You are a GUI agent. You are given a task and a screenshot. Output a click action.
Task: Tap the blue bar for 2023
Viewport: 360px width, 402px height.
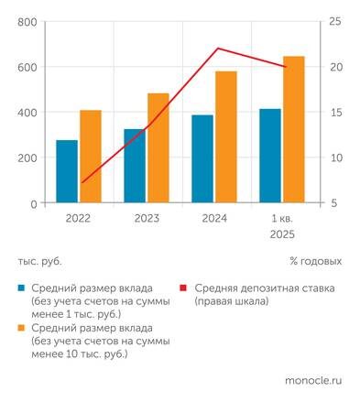click(135, 166)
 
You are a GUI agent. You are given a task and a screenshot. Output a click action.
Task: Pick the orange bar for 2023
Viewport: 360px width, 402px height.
click(158, 148)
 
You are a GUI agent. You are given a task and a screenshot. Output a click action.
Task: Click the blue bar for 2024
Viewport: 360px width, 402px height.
click(202, 158)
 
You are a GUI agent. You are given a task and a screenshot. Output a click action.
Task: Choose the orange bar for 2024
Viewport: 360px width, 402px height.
click(226, 137)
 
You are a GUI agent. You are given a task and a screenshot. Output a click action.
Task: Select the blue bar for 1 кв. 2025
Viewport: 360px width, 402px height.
click(270, 156)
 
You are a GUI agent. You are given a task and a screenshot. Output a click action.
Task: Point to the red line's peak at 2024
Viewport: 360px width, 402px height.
click(217, 49)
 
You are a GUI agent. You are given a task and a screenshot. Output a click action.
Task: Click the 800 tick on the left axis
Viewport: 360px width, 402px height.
click(27, 22)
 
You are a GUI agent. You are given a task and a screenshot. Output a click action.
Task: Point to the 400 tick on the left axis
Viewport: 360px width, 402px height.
click(27, 113)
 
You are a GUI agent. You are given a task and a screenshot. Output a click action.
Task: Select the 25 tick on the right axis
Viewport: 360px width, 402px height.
click(336, 22)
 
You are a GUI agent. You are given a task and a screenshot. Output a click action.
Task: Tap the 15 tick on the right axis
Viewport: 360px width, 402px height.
click(336, 113)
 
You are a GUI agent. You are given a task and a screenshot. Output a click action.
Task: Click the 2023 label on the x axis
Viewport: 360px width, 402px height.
click(147, 219)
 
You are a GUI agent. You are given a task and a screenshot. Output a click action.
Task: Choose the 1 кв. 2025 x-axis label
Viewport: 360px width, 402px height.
click(282, 226)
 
